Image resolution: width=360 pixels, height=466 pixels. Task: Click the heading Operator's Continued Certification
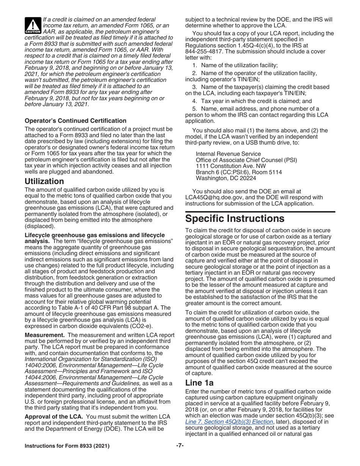(x=75, y=120)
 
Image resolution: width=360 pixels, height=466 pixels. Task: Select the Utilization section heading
(x=44, y=181)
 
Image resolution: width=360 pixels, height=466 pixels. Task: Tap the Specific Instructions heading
(x=235, y=219)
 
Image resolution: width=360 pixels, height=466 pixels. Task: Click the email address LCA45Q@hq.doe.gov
(x=214, y=197)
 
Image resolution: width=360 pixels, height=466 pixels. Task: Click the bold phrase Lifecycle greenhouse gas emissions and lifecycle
(x=94, y=235)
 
